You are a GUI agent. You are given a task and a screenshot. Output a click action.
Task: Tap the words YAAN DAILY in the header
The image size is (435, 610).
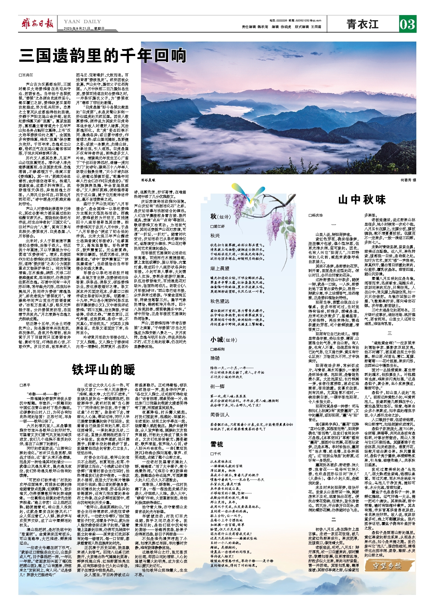tap(82, 21)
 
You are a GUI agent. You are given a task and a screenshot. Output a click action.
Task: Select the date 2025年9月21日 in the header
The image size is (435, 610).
tap(77, 29)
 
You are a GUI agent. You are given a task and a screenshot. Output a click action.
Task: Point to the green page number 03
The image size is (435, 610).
tap(407, 24)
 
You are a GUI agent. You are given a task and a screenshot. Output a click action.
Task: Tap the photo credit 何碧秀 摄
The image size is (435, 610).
tap(408, 180)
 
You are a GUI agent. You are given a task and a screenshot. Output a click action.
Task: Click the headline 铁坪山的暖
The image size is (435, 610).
tap(103, 369)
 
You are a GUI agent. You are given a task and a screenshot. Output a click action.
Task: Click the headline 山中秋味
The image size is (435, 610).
tap(362, 200)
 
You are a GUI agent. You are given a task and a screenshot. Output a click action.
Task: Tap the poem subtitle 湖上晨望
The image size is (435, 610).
tap(220, 268)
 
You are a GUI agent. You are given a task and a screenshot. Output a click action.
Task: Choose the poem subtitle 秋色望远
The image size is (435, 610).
tap(220, 301)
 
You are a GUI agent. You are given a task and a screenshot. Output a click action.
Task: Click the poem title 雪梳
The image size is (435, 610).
tap(217, 444)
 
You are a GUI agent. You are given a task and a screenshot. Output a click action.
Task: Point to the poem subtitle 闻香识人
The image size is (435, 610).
tap(220, 415)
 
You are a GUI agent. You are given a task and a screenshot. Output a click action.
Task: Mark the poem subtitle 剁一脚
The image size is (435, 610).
tap(217, 386)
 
